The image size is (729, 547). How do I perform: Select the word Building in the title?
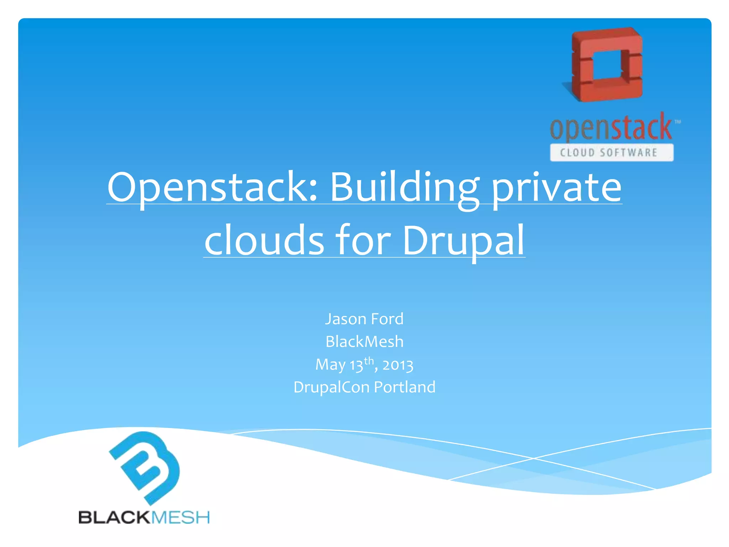click(x=404, y=187)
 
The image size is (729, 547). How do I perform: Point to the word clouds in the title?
click(x=264, y=240)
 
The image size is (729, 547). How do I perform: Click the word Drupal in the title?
click(x=463, y=240)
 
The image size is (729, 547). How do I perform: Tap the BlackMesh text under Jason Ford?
click(x=364, y=342)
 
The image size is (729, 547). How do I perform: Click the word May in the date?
click(x=330, y=365)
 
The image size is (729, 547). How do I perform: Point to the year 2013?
click(x=398, y=365)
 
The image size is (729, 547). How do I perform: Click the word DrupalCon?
click(x=331, y=387)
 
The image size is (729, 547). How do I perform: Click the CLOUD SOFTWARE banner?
click(x=611, y=152)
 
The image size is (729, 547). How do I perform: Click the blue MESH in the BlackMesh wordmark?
click(x=180, y=517)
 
